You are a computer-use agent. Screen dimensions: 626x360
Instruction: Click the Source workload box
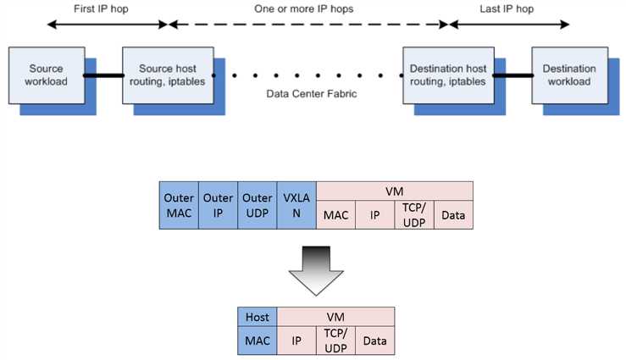[x=47, y=75]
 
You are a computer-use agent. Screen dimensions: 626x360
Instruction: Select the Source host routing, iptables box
[x=168, y=75]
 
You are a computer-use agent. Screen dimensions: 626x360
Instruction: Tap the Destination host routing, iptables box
[x=448, y=75]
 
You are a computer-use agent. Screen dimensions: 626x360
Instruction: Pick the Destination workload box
[x=570, y=75]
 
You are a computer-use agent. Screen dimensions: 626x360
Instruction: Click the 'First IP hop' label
[x=101, y=8]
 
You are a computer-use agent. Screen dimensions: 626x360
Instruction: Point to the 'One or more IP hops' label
[x=304, y=8]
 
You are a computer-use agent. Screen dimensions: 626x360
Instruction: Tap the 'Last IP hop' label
[x=507, y=8]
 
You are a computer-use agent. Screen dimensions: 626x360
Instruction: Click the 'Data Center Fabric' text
[x=312, y=94]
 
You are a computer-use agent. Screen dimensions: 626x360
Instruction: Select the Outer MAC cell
[x=179, y=205]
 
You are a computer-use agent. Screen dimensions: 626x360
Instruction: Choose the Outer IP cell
[x=218, y=205]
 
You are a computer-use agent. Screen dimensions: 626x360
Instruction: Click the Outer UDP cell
[x=258, y=205]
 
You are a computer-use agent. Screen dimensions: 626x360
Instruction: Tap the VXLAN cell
[x=296, y=205]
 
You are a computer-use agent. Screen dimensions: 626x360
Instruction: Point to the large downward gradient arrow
[x=316, y=271]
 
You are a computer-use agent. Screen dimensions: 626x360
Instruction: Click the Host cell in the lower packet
[x=258, y=317]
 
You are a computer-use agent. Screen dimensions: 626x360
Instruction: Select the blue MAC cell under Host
[x=258, y=341]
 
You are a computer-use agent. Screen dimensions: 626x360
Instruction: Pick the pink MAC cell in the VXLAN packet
[x=335, y=214]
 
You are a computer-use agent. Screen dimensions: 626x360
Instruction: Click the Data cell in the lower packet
[x=375, y=341]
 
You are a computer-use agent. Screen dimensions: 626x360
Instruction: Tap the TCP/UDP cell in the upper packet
[x=414, y=214]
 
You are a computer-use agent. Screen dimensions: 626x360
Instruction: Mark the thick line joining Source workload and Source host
[x=104, y=75]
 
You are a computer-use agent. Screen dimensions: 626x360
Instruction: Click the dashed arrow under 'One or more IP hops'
[x=308, y=25]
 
